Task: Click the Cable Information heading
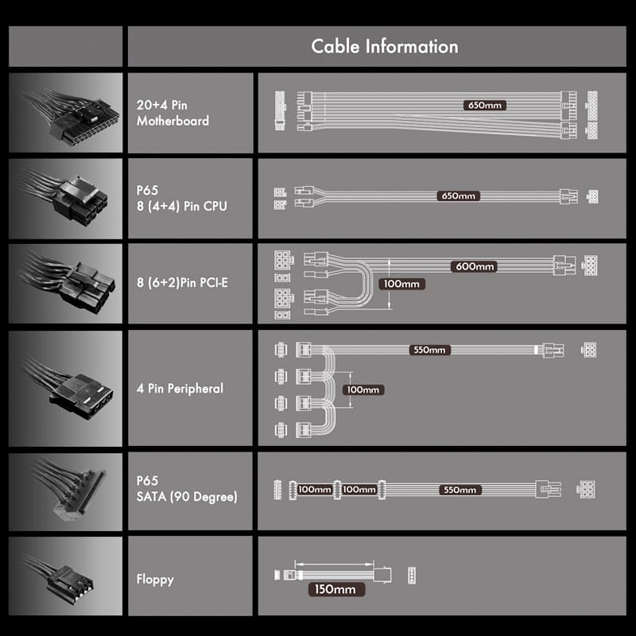pyautogui.click(x=385, y=46)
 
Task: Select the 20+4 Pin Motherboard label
pyautogui.click(x=173, y=113)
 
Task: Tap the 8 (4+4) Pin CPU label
pyautogui.click(x=182, y=206)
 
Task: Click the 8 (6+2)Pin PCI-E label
pyautogui.click(x=182, y=282)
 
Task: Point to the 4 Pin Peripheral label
pyautogui.click(x=180, y=388)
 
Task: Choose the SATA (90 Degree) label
pyautogui.click(x=187, y=496)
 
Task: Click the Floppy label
pyautogui.click(x=155, y=580)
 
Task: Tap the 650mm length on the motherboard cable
pyautogui.click(x=485, y=106)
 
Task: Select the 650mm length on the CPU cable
pyautogui.click(x=459, y=196)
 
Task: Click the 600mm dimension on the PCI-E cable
pyautogui.click(x=474, y=266)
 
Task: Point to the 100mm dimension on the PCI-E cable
pyautogui.click(x=401, y=284)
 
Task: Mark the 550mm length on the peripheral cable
pyautogui.click(x=429, y=350)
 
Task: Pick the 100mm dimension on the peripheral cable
pyautogui.click(x=363, y=390)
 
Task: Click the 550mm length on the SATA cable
pyautogui.click(x=460, y=490)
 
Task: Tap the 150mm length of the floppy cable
pyautogui.click(x=335, y=589)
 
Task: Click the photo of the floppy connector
pyautogui.click(x=66, y=576)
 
